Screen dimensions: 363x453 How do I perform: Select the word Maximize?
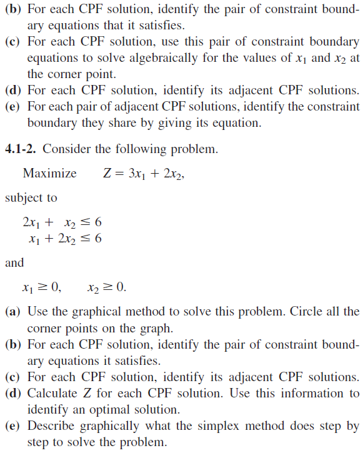[x=49, y=173]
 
